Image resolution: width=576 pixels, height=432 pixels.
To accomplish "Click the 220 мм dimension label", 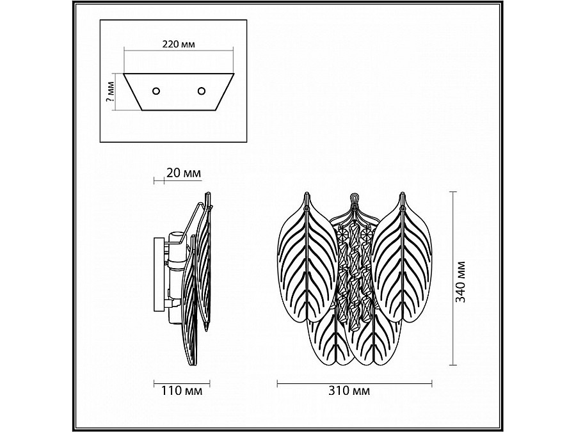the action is (x=179, y=44).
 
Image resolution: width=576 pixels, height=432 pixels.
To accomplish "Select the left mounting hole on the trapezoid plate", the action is (x=156, y=91).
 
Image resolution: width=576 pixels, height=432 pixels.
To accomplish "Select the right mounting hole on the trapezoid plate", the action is (x=202, y=90).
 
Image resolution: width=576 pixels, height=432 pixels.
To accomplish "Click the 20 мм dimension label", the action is (x=184, y=173).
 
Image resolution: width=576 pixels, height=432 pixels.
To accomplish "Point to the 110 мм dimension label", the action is (x=182, y=390).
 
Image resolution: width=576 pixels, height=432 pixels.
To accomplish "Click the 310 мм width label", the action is (x=350, y=390).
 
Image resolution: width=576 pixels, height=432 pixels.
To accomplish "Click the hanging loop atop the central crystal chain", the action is (x=354, y=199).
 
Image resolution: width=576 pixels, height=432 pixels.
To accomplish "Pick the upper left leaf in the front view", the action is (x=307, y=257).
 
